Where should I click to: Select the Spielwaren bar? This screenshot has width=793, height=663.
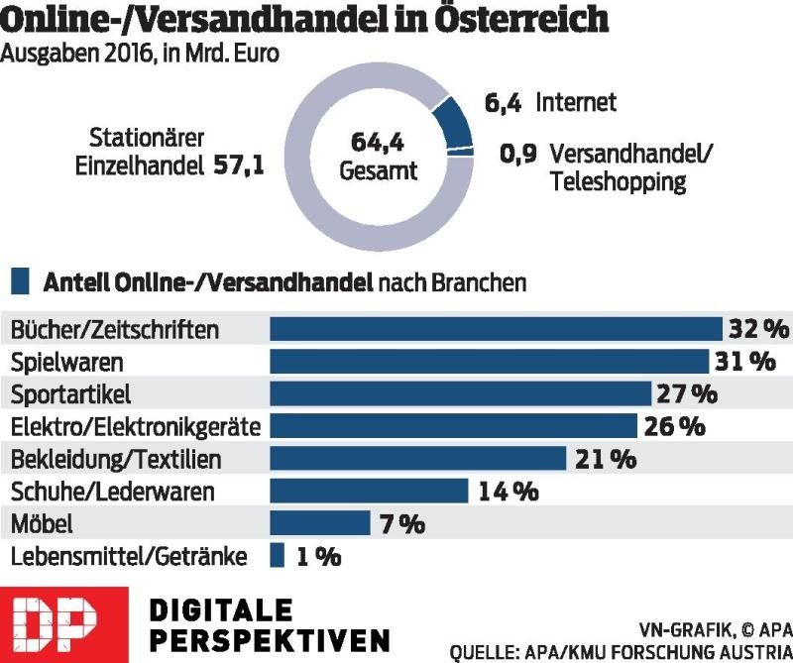click(490, 362)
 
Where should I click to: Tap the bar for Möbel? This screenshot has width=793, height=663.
click(319, 523)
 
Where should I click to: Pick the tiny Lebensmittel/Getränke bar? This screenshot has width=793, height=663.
click(277, 556)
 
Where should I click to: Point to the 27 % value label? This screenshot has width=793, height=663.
click(685, 394)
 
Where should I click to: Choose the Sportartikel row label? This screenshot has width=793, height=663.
click(70, 394)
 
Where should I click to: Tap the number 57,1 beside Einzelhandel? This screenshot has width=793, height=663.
click(239, 166)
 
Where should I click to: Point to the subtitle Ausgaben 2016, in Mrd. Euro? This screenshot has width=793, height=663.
click(139, 55)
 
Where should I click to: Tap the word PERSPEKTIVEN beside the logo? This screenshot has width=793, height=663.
click(268, 638)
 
